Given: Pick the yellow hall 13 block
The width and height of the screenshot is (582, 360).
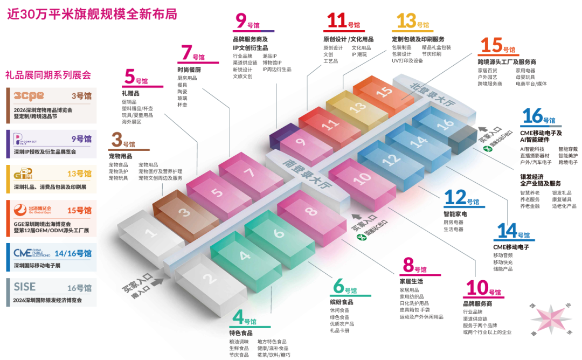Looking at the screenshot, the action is click(x=356, y=108).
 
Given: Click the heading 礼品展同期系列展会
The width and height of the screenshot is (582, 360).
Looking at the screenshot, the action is click(x=48, y=75).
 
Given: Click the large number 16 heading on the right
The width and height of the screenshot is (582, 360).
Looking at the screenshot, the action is click(x=532, y=116).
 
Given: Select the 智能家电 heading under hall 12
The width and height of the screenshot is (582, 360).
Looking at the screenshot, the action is click(x=455, y=214).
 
